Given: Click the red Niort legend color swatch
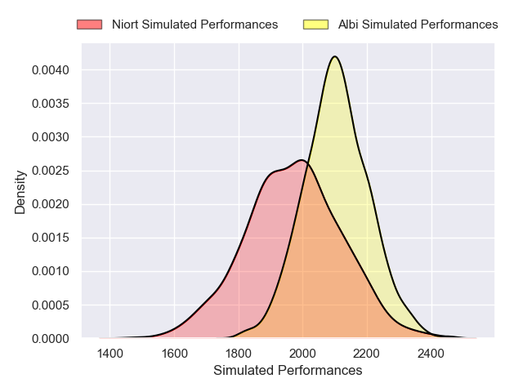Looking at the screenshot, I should (x=89, y=24).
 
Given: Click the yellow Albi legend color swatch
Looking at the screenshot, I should (x=315, y=24).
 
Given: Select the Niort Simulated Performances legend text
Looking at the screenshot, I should (x=194, y=24).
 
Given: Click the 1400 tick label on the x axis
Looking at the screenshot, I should (x=110, y=354).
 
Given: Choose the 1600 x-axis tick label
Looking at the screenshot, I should (x=174, y=354).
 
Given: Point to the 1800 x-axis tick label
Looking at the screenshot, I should (x=239, y=354).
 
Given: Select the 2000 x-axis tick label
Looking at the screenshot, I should (x=303, y=354).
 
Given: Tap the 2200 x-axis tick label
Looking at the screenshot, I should (x=367, y=354).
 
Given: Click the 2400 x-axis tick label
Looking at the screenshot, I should (x=431, y=354).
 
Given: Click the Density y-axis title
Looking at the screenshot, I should (x=20, y=192).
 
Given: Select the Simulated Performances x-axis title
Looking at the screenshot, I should (x=288, y=371).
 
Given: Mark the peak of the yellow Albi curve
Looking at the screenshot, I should (x=334, y=56).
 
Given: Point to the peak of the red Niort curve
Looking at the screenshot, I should (x=302, y=160).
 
